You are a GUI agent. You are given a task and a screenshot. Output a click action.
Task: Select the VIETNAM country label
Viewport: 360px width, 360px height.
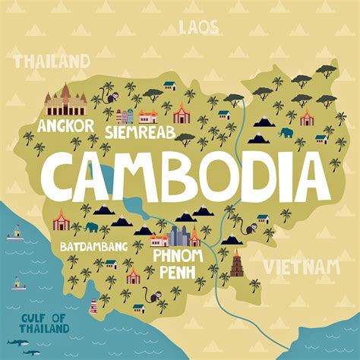point(301,266)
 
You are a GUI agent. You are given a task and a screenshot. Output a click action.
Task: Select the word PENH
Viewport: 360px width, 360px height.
point(178,272)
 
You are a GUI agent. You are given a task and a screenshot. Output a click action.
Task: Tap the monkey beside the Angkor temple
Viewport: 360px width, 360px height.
point(111,97)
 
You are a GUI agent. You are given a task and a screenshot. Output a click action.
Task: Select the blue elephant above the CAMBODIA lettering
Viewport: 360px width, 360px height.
point(286,134)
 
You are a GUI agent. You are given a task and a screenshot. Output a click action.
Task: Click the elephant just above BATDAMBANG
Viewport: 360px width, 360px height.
point(92,226)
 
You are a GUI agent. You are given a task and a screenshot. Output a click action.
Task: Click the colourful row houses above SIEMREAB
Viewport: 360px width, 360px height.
point(125,116)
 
